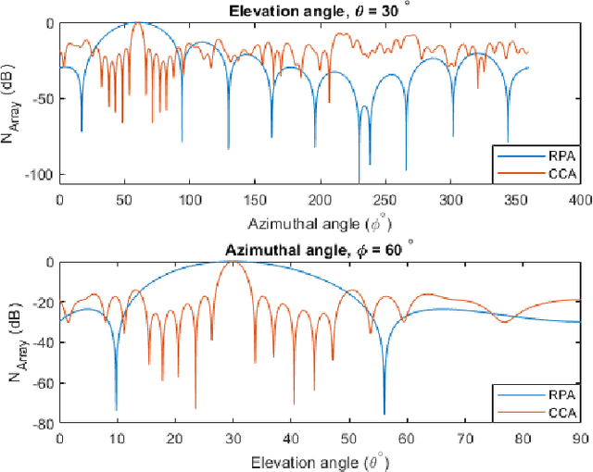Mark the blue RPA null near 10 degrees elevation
point(116,408)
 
